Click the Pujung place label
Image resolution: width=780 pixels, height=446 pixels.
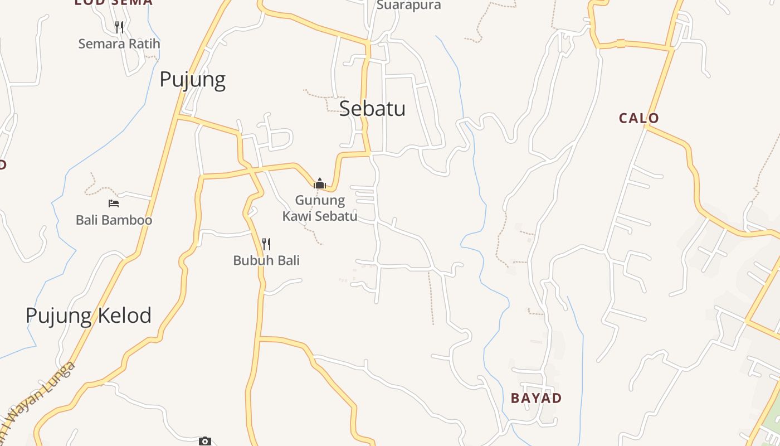[x=192, y=80]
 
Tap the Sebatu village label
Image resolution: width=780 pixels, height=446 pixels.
[x=372, y=108]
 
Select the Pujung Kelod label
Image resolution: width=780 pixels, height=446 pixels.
[x=89, y=316]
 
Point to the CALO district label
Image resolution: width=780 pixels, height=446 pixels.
[x=639, y=118]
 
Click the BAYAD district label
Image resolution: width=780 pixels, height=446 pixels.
[x=536, y=398]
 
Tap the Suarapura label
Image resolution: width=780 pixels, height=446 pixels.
[x=408, y=6]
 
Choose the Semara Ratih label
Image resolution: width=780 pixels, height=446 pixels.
[x=119, y=43]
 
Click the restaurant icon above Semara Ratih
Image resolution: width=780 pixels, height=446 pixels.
[x=119, y=27]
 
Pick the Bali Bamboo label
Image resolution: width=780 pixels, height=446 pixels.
[x=114, y=220]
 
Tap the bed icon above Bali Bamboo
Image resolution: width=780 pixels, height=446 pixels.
[x=114, y=203]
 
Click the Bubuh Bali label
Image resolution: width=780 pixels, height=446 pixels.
[x=266, y=260]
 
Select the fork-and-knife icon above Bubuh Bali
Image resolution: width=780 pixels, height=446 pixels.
[x=266, y=244]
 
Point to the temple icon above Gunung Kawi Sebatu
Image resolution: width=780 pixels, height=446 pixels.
[x=320, y=183]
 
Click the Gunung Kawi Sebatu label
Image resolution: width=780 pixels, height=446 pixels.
[x=320, y=208]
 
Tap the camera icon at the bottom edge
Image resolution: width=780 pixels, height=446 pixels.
[x=205, y=442]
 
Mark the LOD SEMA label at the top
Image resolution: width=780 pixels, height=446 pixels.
[x=113, y=2]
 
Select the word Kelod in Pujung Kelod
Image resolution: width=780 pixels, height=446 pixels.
[x=124, y=316]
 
